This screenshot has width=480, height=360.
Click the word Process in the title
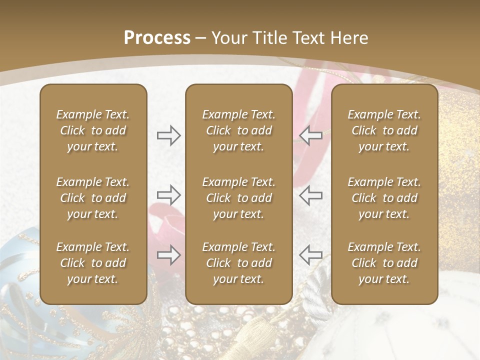[x=157, y=38]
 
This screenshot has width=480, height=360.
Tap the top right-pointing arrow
[x=169, y=135]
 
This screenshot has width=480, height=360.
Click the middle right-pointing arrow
[x=169, y=195]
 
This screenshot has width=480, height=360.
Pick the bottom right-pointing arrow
[x=169, y=255]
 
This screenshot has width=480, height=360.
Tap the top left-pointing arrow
[x=310, y=135]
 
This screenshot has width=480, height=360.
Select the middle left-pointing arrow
[x=310, y=195]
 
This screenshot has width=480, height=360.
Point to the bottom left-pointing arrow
[x=310, y=255]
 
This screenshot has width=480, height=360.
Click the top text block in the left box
[x=93, y=130]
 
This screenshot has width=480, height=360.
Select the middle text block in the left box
[x=93, y=198]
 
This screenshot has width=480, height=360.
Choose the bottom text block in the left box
[x=93, y=263]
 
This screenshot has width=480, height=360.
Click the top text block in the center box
[x=239, y=130]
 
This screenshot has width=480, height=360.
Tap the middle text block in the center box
[x=239, y=198]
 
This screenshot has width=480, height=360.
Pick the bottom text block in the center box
[x=239, y=263]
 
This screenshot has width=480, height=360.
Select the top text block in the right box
[x=384, y=130]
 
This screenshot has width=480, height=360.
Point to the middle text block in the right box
[x=384, y=198]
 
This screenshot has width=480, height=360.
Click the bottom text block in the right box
[x=384, y=263]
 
